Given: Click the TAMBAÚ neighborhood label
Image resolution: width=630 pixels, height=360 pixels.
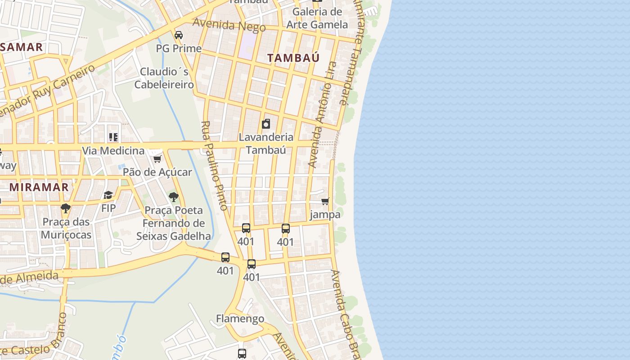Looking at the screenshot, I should coord(293,58).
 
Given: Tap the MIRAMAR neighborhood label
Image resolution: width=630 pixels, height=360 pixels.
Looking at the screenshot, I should coord(39,187).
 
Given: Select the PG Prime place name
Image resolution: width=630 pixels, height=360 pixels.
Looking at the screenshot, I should coord(179,48).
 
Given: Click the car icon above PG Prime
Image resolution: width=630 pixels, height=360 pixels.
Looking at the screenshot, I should coord(179,35).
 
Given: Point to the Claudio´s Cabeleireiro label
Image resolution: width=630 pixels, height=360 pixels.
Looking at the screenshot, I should coord(164,78).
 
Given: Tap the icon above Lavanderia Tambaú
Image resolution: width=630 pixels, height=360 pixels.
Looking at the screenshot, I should coord(266,124).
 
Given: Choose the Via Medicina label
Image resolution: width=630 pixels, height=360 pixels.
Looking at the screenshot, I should coord(113,151).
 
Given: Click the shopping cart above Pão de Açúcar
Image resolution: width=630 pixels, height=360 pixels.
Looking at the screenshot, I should coord(157,159).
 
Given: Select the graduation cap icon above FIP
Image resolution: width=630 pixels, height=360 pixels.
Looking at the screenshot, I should coord(108,195).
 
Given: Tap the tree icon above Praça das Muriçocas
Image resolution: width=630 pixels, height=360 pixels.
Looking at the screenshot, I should coord(66,208).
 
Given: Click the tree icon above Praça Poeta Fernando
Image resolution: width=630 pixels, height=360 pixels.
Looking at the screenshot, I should coord(173,197).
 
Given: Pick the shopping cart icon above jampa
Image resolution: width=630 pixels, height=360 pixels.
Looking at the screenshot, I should coord(325,201).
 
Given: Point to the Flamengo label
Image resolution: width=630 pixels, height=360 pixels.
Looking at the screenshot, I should coord(240,319).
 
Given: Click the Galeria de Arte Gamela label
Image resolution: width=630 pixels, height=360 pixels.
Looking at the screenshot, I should coord(317,18).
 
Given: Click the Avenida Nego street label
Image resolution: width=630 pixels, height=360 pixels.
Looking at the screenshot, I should coord(229,25).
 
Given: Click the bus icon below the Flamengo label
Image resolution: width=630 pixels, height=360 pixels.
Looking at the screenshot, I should coord(242,353).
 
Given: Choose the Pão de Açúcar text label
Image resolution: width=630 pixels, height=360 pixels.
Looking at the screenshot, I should coord(157,172).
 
